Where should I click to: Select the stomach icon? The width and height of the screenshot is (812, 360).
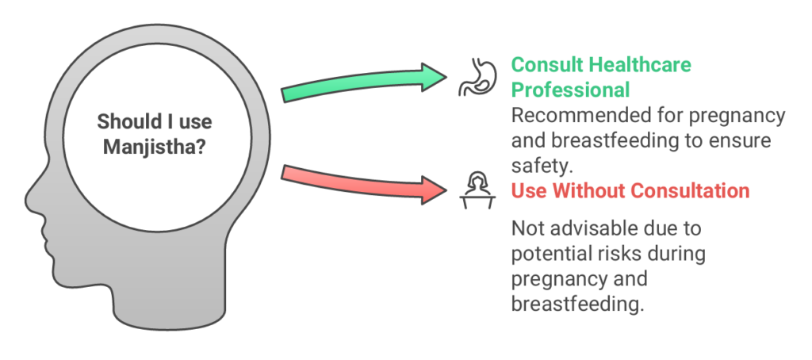[477, 78]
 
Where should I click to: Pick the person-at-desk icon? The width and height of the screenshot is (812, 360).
[477, 190]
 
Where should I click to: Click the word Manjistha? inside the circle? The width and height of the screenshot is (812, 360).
[155, 147]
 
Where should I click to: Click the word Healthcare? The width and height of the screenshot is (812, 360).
[640, 65]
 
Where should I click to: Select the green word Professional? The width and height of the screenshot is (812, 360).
[571, 90]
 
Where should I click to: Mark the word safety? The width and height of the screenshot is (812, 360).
[541, 166]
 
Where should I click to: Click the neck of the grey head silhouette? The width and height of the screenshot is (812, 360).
[171, 301]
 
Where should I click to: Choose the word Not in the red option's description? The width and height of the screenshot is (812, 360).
[527, 228]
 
